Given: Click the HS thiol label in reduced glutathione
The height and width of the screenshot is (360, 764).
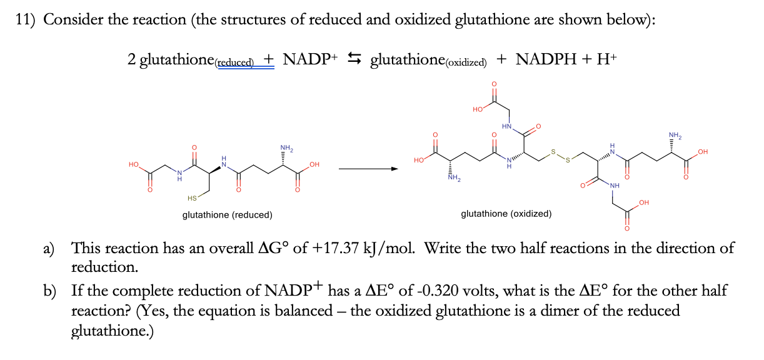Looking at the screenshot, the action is point(192,198).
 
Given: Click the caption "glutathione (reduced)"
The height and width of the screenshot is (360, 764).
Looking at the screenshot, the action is point(227,215).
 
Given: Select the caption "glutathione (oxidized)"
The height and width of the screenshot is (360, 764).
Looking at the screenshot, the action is point(506,214).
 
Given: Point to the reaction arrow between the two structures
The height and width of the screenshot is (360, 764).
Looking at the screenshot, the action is point(368,169).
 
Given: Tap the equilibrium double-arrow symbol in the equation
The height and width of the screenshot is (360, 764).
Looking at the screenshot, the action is point(354,58).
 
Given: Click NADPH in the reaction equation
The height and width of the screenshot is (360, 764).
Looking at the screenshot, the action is point(546,59).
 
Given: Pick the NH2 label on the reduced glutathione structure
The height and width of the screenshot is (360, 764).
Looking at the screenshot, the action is point(286,148).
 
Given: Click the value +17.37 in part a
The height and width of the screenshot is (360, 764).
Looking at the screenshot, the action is point(334,248).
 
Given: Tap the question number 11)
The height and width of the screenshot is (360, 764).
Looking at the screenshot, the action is point(25,20).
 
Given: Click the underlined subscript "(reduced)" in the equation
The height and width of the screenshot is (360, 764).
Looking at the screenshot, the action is point(234,62).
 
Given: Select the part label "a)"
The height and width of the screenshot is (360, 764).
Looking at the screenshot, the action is point(49,249).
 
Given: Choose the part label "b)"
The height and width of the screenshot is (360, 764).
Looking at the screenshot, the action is point(49,291).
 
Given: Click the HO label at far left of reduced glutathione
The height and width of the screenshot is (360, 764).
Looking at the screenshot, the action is point(134,164).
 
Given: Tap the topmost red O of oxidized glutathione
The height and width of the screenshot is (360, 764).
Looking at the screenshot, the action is point(494,84).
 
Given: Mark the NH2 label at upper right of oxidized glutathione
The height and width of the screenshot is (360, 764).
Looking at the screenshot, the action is point(675,136).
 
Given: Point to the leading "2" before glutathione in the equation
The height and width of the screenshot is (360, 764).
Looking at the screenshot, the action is point(132,59).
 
